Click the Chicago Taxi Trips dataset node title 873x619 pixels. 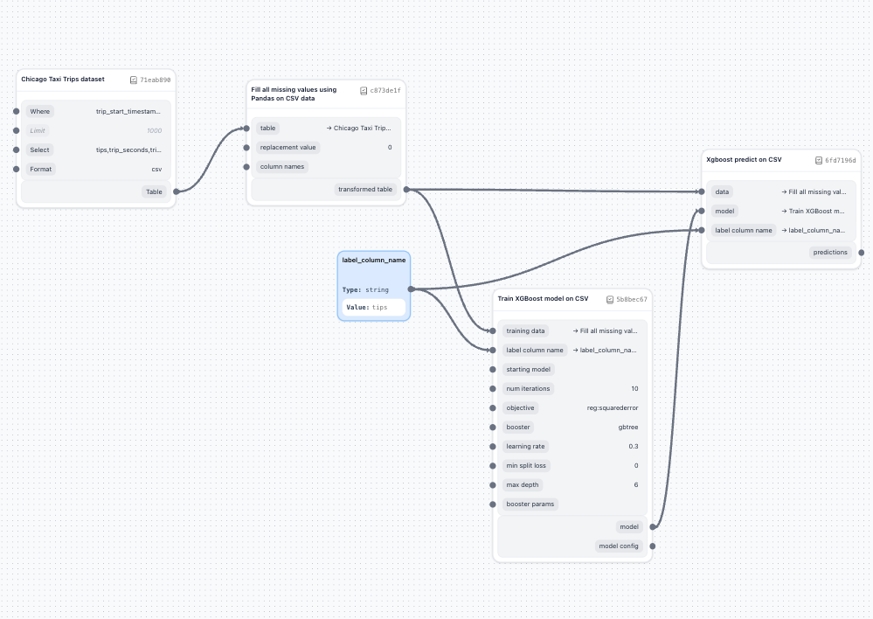coord(63,80)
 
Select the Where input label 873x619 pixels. coord(40,111)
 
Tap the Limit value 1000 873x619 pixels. coord(154,130)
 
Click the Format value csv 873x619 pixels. coord(156,169)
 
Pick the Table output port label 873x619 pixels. coord(154,191)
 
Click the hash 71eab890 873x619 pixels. coord(155,80)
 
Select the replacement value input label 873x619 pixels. coord(288,147)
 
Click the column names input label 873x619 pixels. coord(282,166)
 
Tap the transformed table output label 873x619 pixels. coord(365,189)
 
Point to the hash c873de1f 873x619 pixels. coord(385,90)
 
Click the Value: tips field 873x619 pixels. coord(374,307)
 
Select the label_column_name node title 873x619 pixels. coord(373,260)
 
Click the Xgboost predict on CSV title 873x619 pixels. coord(744,160)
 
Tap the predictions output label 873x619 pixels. coord(829,252)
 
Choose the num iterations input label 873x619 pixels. coord(528,388)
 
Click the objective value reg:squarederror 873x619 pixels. coord(613,407)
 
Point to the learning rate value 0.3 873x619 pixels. coord(633,446)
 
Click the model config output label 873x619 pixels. coord(619,546)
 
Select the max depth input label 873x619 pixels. coord(523,484)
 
